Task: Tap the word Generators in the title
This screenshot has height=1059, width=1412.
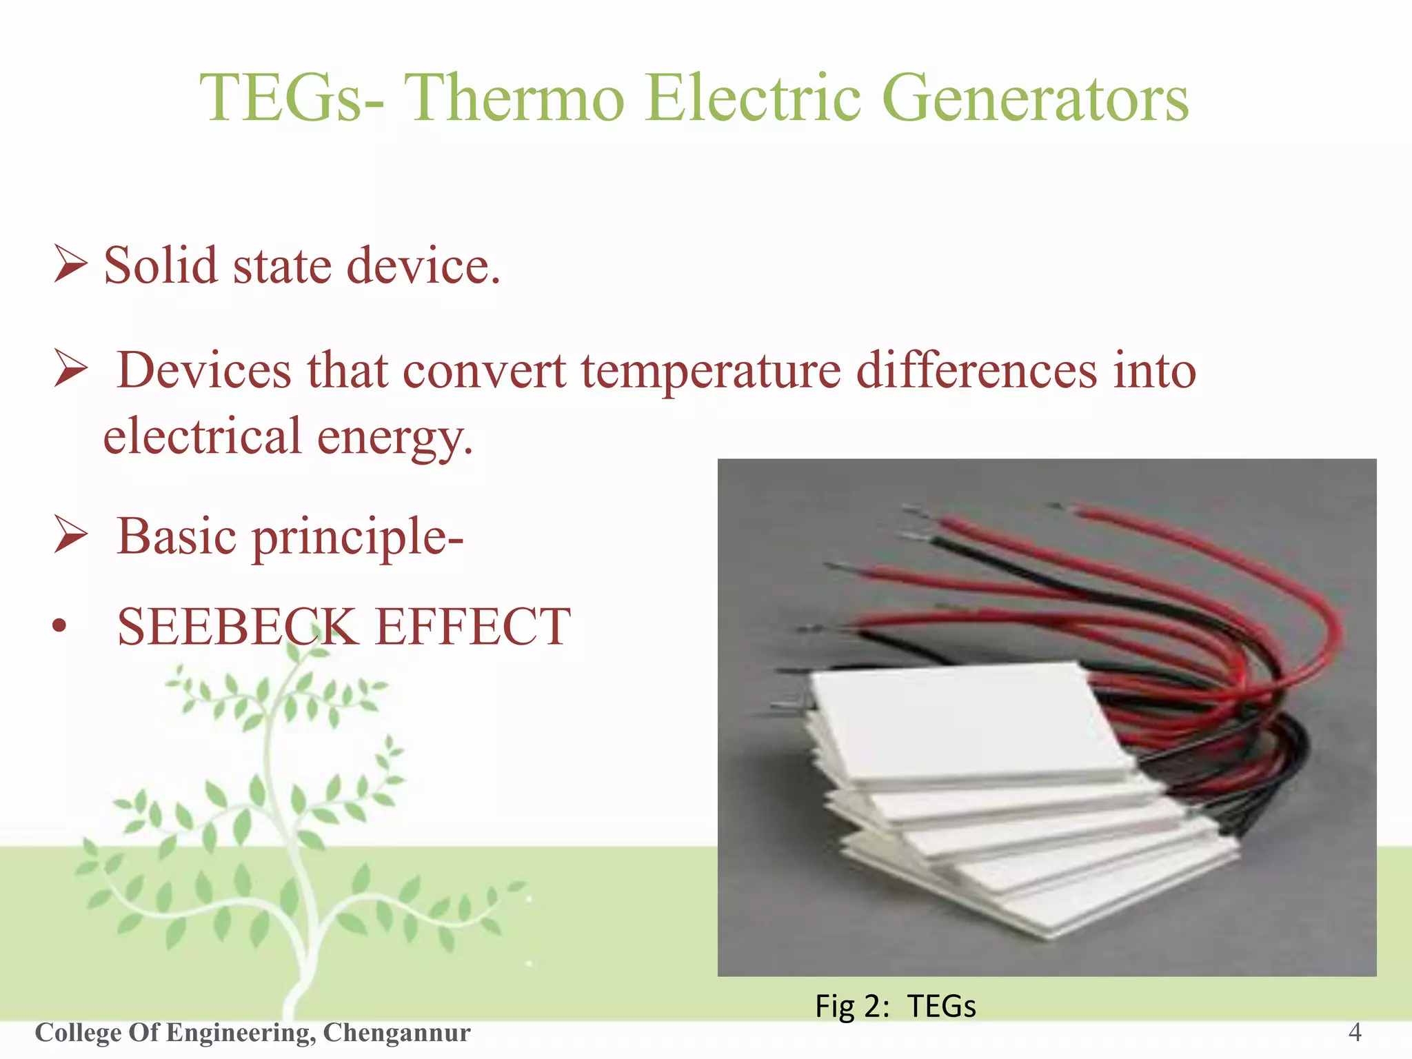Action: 1036,99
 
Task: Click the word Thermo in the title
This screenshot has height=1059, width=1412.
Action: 514,99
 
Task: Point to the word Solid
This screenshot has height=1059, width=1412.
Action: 160,266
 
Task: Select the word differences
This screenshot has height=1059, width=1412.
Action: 976,371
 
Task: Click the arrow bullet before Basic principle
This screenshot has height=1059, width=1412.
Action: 70,537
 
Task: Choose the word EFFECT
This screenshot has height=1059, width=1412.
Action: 472,627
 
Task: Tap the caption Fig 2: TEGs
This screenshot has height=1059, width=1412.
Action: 895,1007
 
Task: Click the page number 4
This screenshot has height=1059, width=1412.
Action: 1354,1033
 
